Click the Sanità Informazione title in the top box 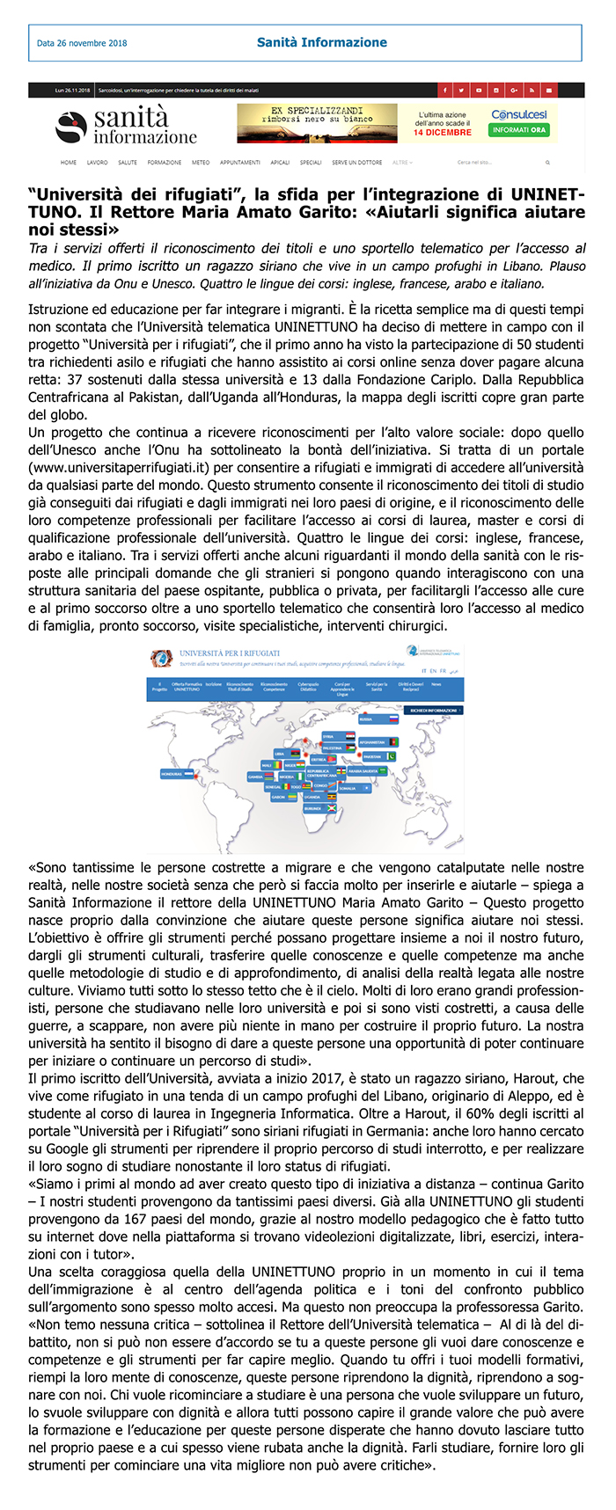tap(321, 42)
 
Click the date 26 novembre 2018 tap(82, 43)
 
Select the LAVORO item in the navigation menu tap(97, 163)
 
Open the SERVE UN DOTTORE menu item tap(356, 163)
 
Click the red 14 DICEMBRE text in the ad tap(443, 133)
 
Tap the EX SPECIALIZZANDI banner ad tap(317, 123)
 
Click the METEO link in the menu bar tap(201, 163)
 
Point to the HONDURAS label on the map tap(172, 774)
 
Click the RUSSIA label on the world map tap(366, 719)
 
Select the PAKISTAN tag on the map tap(373, 756)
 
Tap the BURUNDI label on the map tap(313, 807)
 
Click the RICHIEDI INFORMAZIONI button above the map tap(435, 710)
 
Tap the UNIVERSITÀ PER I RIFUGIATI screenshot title tap(230, 653)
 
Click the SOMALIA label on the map tap(348, 788)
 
